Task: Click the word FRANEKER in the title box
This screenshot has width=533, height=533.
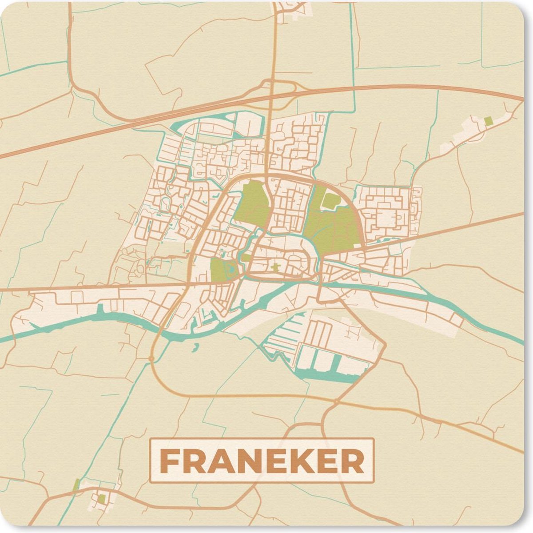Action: click(262, 461)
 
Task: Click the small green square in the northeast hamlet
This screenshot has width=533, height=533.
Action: click(488, 120)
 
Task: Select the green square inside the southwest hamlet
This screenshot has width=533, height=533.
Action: click(102, 498)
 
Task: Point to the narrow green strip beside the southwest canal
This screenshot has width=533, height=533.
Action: click(76, 485)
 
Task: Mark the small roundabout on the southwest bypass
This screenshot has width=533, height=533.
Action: click(151, 358)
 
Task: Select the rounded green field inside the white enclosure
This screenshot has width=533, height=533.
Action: click(331, 200)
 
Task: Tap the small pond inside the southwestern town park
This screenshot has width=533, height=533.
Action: click(232, 268)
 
